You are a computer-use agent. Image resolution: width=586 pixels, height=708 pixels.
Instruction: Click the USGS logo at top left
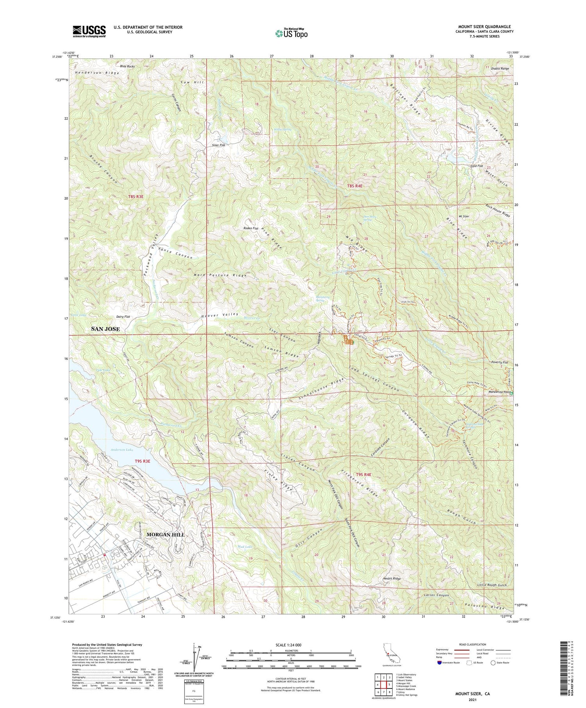89,31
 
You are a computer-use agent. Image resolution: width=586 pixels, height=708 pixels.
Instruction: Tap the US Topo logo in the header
291,33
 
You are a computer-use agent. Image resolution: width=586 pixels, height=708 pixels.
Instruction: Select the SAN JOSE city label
105,329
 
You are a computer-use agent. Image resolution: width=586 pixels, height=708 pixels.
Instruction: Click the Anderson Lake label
122,450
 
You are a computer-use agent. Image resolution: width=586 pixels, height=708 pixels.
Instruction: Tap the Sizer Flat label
219,145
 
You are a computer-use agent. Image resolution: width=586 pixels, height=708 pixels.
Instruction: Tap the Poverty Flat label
500,362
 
